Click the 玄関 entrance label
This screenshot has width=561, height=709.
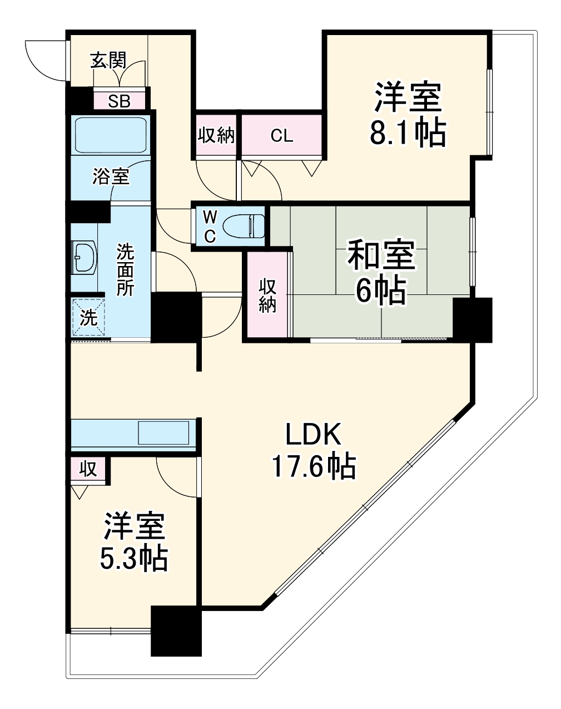[108, 60]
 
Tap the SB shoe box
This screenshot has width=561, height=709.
[119, 101]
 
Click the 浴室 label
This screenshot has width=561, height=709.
[111, 177]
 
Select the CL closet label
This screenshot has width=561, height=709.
[282, 136]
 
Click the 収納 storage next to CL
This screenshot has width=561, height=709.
[216, 136]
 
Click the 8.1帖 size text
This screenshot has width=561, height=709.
[408, 133]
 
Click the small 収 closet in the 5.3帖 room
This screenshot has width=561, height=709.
[88, 469]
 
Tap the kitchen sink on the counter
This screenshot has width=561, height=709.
[163, 432]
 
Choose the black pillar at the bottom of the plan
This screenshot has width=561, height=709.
[176, 631]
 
